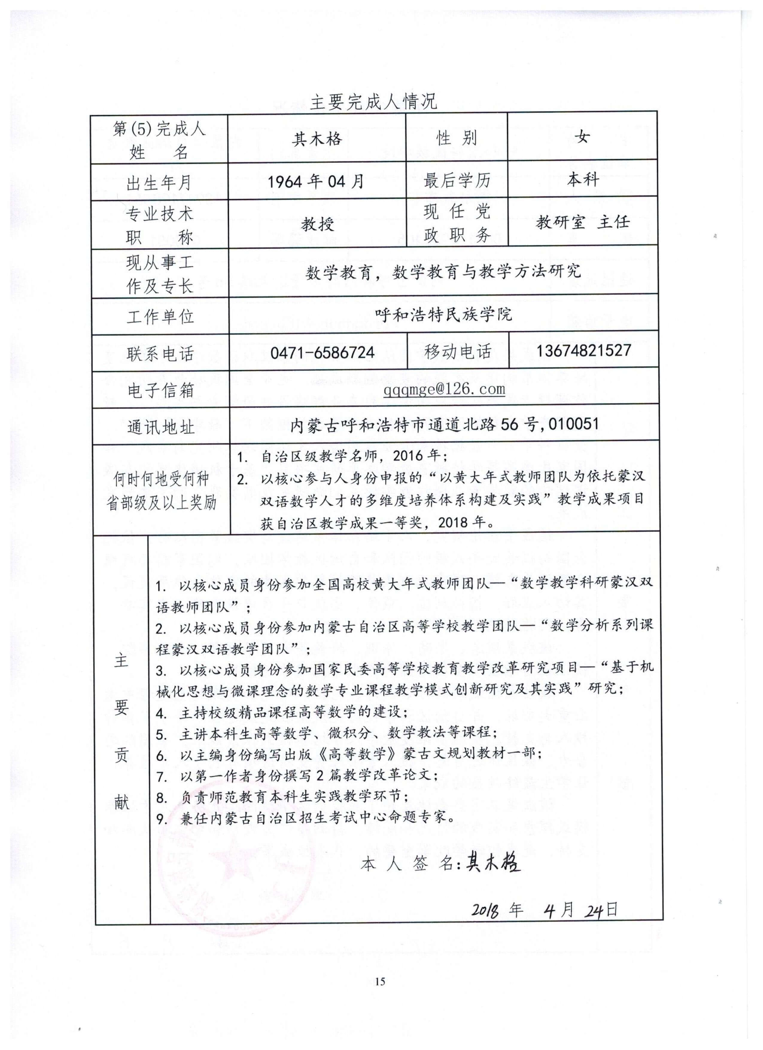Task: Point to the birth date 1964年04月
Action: click(316, 181)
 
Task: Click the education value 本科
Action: click(583, 179)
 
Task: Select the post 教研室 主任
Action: click(583, 222)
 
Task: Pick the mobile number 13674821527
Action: click(583, 351)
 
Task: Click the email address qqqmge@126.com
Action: click(444, 389)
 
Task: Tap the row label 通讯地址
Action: click(160, 427)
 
